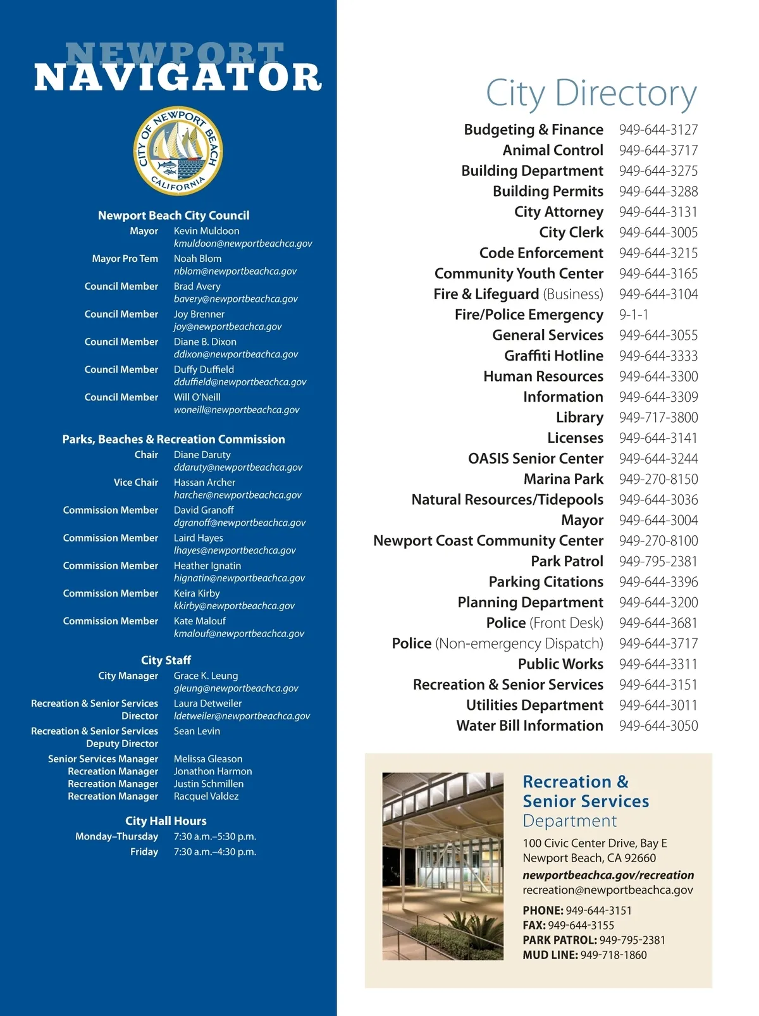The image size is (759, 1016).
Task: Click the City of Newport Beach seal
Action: pos(178,151)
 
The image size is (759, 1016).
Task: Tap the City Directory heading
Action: pos(591,94)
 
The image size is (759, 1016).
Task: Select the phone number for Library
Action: pos(658,418)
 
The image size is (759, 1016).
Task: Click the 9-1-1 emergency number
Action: pos(634,314)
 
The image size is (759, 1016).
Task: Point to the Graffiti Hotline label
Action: pos(553,356)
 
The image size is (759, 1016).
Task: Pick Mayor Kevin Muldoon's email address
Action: pos(243,244)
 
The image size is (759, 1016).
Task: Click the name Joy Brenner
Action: pos(199,314)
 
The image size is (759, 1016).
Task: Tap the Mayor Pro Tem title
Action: pos(125,258)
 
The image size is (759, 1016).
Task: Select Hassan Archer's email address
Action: pos(237,495)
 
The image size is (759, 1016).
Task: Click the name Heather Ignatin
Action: pos(207,566)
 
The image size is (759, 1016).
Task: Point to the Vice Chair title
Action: pos(135,482)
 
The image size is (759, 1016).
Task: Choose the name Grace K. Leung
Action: pos(206,676)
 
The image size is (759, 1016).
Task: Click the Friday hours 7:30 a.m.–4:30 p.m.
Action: pos(215,852)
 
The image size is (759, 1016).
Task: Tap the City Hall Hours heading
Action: pos(166,821)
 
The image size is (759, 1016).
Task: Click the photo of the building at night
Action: pos(443,866)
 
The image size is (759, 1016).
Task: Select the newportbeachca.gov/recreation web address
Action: pos(608,875)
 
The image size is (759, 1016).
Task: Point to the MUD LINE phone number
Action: pos(614,955)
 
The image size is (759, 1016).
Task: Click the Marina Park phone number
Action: pos(658,479)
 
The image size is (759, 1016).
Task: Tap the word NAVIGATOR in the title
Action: pos(178,78)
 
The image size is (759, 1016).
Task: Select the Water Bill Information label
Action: pos(529,726)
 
